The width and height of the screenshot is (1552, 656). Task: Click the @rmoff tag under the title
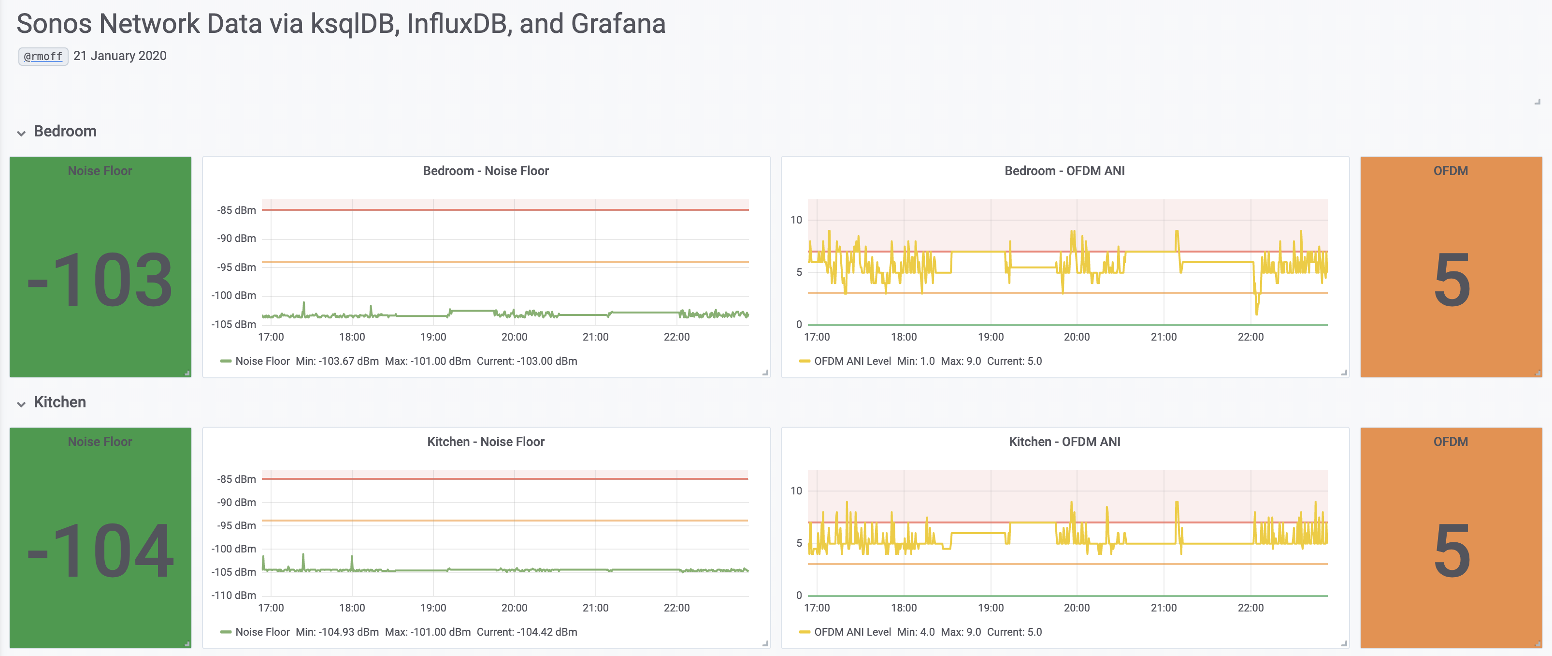(43, 56)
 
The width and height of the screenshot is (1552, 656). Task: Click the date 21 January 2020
(120, 56)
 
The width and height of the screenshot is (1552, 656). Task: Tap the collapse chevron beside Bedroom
(21, 133)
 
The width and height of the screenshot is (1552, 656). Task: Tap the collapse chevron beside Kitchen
(21, 404)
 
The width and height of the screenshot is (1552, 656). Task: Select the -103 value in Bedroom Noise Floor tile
(101, 281)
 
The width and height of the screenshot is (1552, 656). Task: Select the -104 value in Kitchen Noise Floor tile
(101, 551)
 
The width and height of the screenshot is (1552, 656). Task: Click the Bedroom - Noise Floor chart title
(486, 171)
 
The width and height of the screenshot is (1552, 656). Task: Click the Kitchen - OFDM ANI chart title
(1064, 441)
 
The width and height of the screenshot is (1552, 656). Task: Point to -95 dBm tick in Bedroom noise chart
(236, 267)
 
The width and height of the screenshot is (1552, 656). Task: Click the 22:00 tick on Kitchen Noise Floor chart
(676, 608)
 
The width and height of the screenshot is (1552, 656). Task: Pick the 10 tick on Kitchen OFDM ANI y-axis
(796, 491)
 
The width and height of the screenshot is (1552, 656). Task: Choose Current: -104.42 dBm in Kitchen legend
(527, 632)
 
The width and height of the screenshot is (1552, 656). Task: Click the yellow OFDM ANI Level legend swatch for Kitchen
(805, 632)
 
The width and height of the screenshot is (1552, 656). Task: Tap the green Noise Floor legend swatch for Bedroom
(226, 361)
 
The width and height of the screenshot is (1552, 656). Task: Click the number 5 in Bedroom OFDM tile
(1451, 281)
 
